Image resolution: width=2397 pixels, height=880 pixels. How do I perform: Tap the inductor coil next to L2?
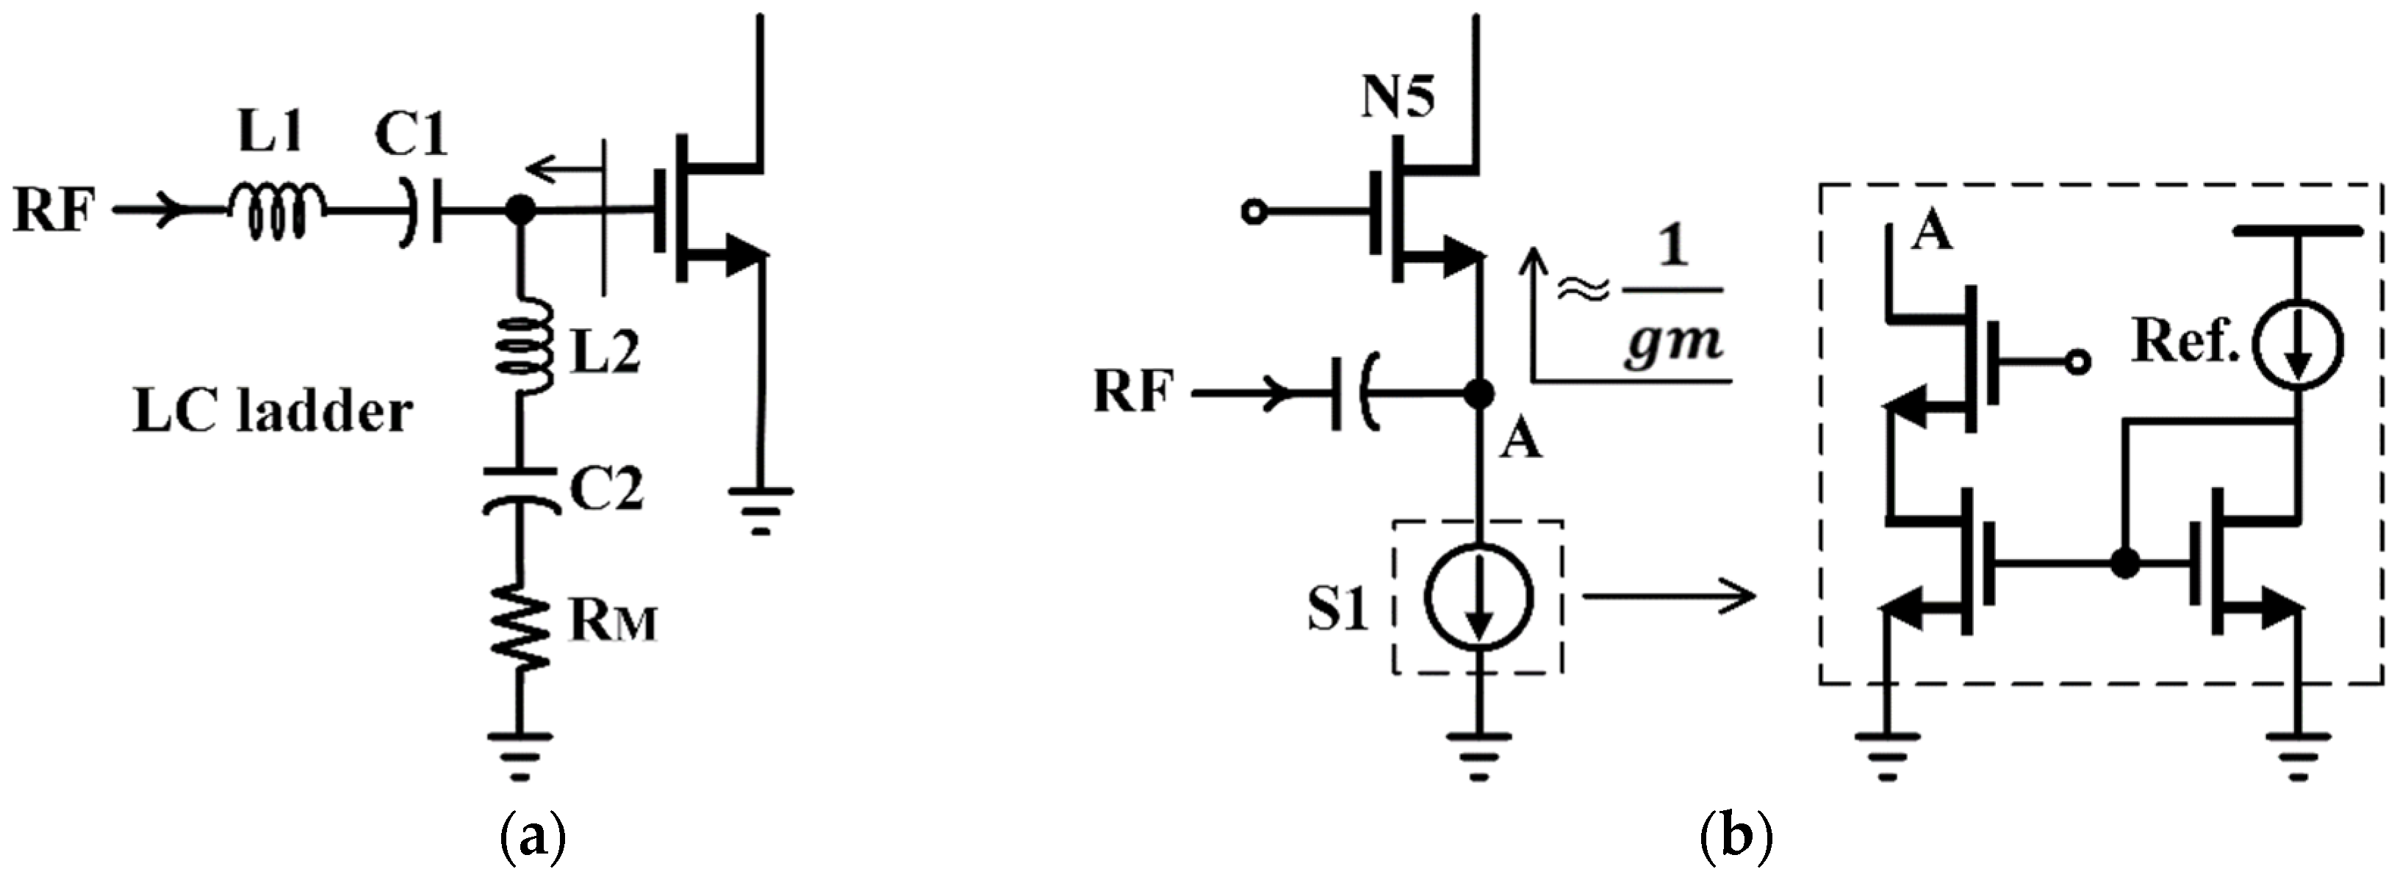coord(522,346)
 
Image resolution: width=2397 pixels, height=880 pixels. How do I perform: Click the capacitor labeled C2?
coord(521,490)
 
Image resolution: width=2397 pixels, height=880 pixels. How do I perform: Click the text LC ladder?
coord(273,412)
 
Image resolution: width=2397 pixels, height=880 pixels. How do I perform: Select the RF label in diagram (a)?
coord(54,211)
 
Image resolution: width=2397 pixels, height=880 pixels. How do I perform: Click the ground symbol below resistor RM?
coord(520,754)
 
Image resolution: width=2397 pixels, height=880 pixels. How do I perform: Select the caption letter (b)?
coord(1736,838)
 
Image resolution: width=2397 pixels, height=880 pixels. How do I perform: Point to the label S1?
coord(1337,610)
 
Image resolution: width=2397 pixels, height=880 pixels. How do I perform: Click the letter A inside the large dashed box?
coord(1932,233)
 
